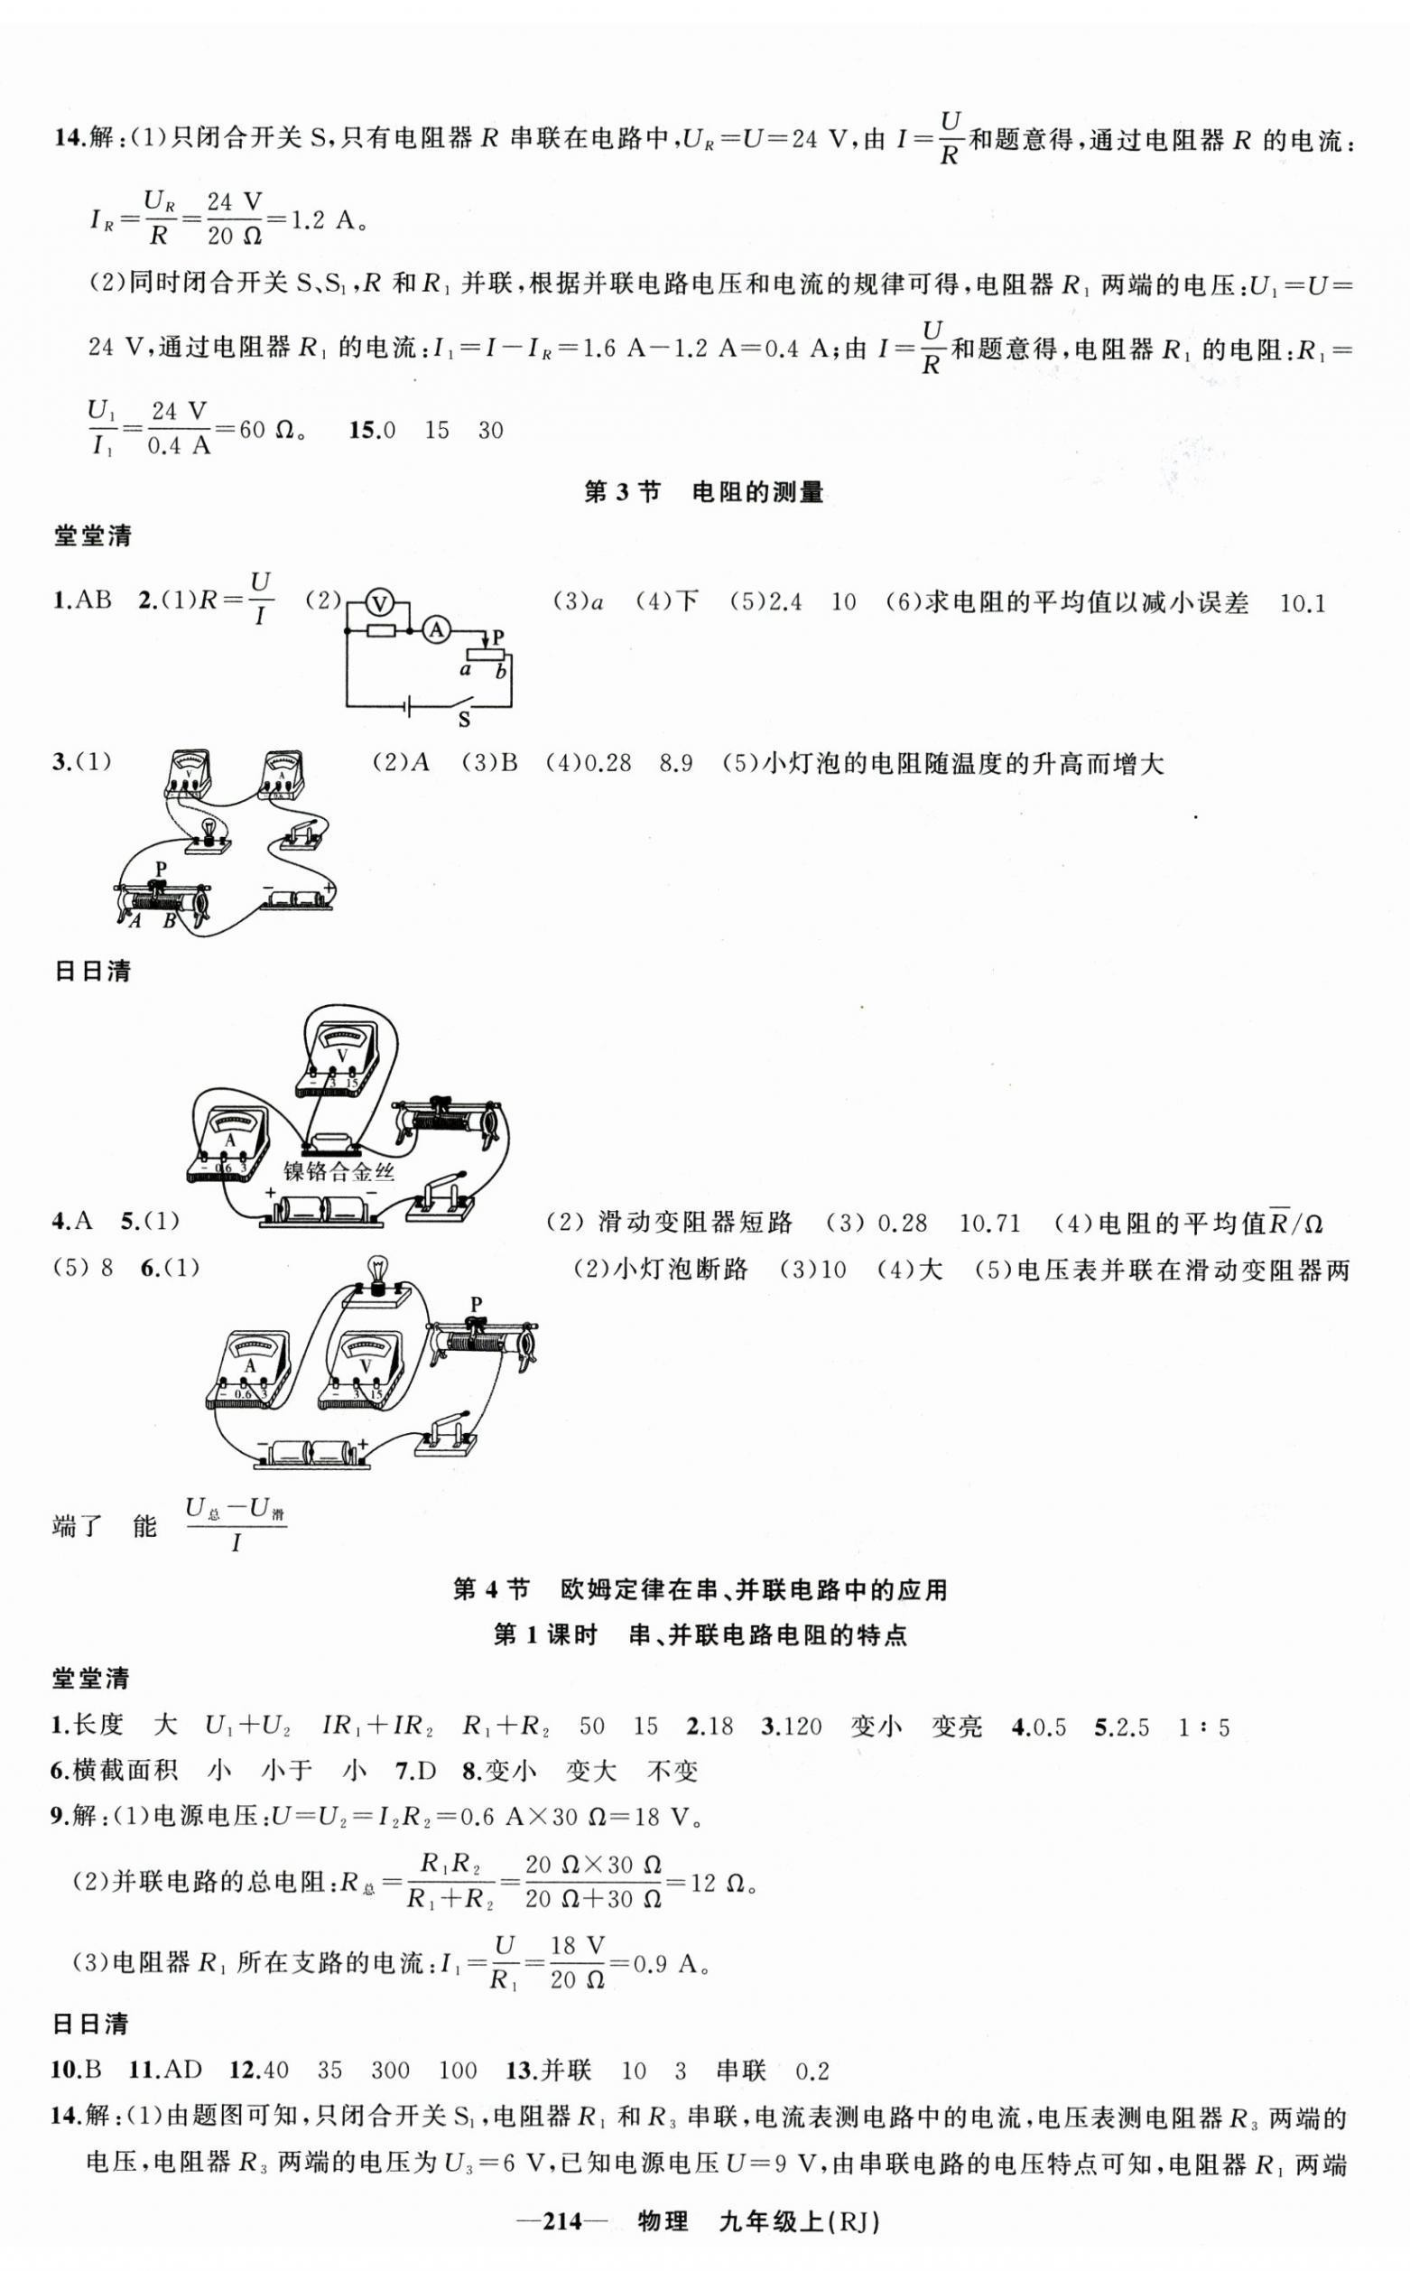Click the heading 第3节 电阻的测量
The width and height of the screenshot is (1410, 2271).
pos(704,492)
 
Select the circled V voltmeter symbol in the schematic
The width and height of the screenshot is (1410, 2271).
pos(378,603)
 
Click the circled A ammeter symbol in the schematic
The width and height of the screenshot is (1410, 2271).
pos(434,631)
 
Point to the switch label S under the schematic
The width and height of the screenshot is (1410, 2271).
pos(463,720)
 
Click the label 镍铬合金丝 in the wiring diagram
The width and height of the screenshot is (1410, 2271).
pos(339,1169)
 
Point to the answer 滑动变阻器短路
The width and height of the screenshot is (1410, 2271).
pos(695,1223)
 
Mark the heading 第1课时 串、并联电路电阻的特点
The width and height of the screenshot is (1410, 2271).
pos(700,1635)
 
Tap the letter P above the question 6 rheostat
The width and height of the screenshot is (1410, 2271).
pos(477,1303)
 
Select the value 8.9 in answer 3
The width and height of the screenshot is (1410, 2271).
pos(676,764)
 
